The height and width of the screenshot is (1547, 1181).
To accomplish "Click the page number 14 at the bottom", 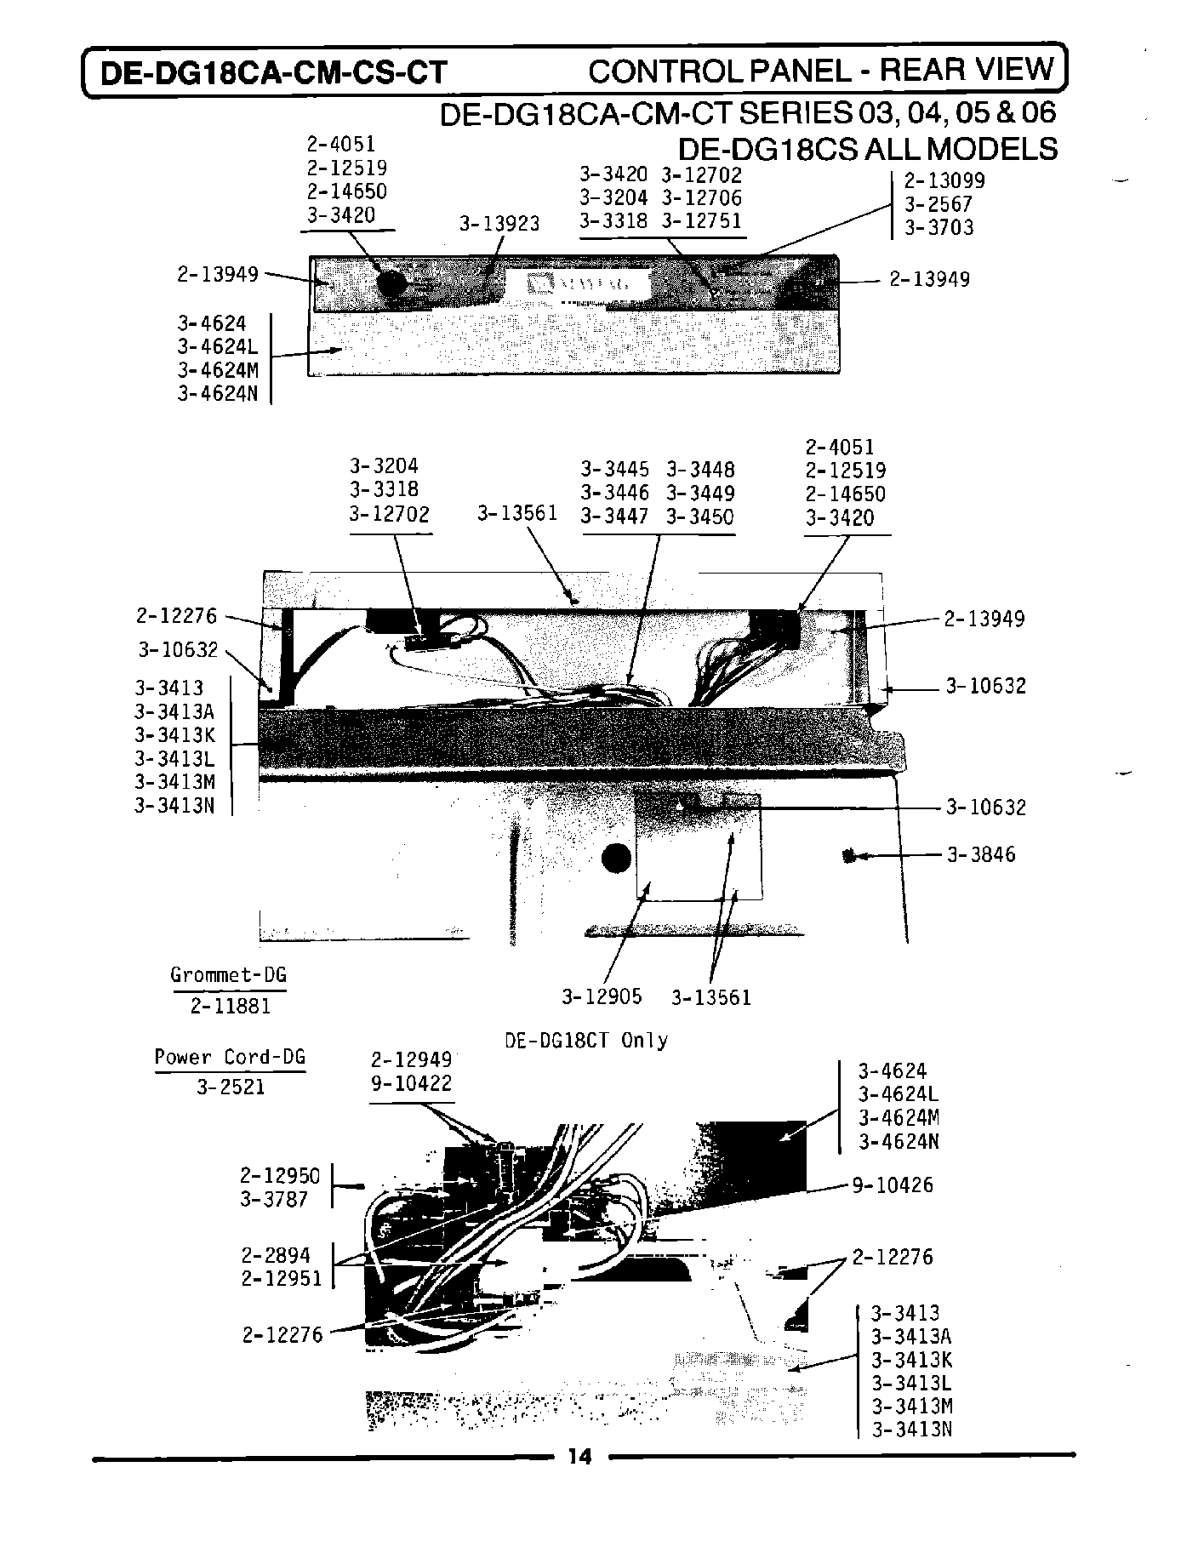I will [579, 1457].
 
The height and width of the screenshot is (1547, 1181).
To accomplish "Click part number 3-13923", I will [499, 224].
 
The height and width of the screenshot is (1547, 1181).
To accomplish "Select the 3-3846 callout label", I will [981, 854].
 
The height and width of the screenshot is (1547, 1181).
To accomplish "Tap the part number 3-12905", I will [602, 996].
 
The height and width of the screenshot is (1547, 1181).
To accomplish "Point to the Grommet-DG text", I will [228, 975].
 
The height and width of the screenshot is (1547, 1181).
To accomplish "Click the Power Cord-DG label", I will [230, 1057].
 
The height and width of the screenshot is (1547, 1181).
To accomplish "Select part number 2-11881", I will [230, 1006].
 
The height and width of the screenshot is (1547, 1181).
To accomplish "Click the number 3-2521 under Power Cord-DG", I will [230, 1087].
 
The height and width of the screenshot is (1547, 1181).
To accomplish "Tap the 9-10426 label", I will [893, 1185].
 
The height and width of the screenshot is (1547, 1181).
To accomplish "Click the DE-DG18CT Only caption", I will [586, 1040].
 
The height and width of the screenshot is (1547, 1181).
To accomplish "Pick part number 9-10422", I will [411, 1083].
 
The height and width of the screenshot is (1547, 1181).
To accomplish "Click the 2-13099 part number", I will [944, 180].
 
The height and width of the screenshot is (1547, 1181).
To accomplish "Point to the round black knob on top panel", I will [391, 283].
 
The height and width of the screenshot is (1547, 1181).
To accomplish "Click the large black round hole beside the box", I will [617, 859].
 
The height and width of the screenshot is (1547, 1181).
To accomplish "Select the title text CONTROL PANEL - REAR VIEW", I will [821, 70].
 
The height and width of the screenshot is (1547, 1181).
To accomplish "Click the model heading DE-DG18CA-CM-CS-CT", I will [274, 72].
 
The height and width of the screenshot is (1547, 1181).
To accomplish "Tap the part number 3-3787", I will [274, 1199].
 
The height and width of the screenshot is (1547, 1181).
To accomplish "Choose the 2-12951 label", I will [282, 1278].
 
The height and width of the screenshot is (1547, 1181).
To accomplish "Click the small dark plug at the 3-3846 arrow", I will [848, 855].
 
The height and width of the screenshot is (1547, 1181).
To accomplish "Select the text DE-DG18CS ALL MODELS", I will [867, 149].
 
